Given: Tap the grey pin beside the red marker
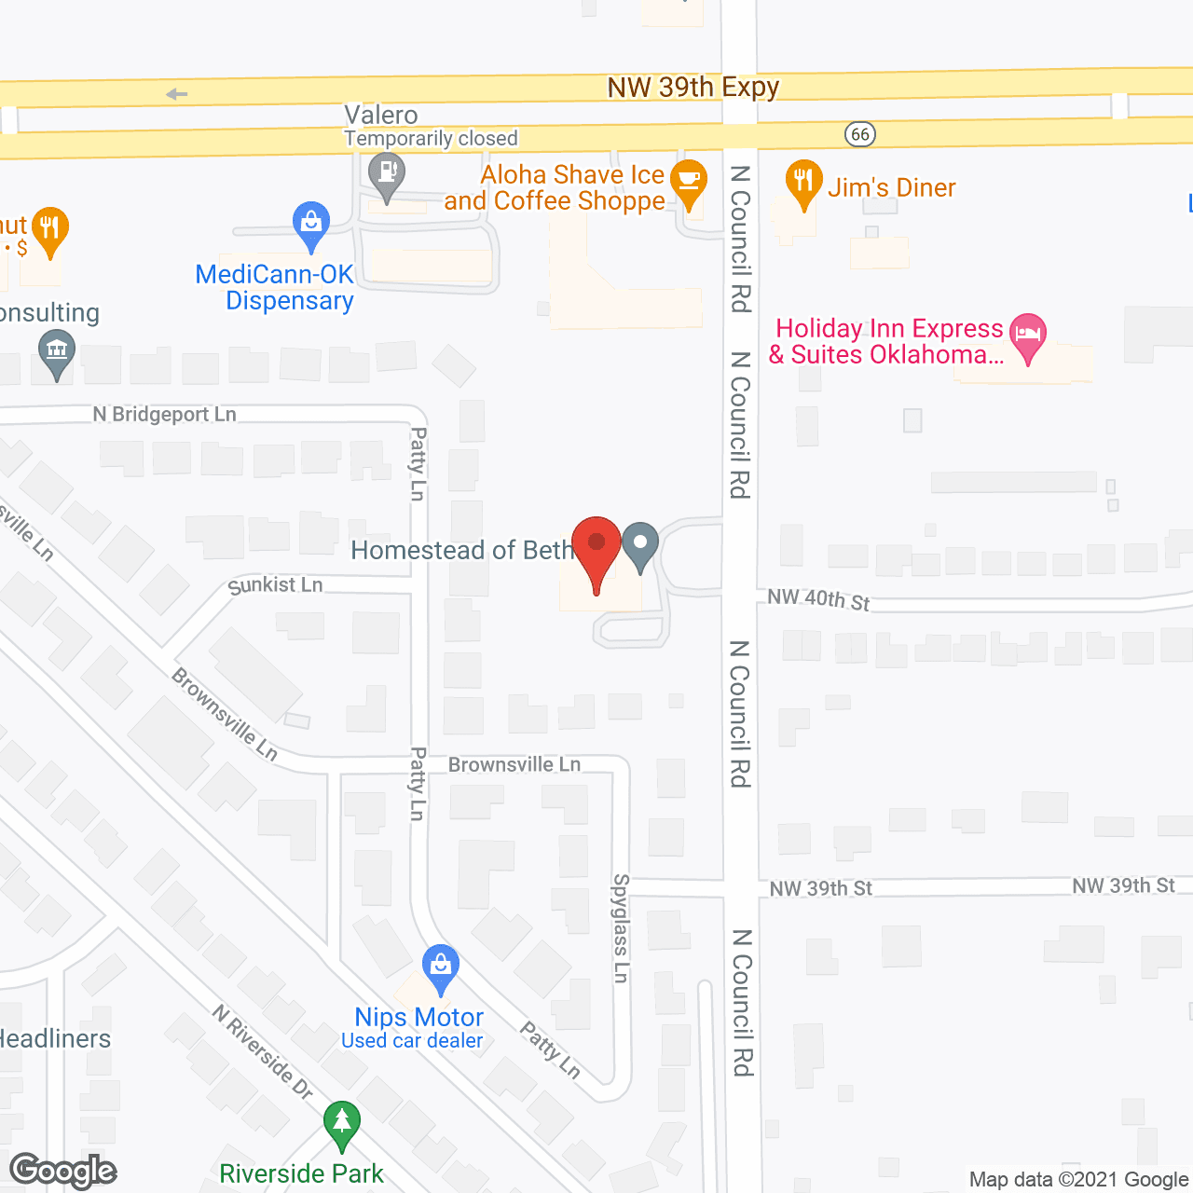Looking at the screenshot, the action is pyautogui.click(x=640, y=544).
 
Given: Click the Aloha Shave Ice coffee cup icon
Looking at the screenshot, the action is pyautogui.click(x=688, y=181).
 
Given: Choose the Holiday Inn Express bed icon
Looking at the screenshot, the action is pyautogui.click(x=1027, y=336).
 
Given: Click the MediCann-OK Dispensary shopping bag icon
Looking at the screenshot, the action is pyautogui.click(x=310, y=224).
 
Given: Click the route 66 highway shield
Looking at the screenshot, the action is pyautogui.click(x=860, y=134).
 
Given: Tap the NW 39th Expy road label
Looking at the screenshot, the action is pyautogui.click(x=692, y=88).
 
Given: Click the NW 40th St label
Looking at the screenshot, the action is pyautogui.click(x=818, y=599).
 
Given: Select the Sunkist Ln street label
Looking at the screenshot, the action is pyautogui.click(x=276, y=585).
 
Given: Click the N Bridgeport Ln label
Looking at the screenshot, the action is pyautogui.click(x=165, y=414).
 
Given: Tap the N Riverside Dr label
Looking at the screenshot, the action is pyautogui.click(x=262, y=1052).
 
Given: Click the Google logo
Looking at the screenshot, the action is pyautogui.click(x=63, y=1171).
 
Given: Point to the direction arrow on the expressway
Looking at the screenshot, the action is pyautogui.click(x=177, y=94).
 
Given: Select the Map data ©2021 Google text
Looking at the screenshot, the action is pyautogui.click(x=1079, y=1180).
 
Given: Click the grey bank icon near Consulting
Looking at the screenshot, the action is pyautogui.click(x=57, y=354).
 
